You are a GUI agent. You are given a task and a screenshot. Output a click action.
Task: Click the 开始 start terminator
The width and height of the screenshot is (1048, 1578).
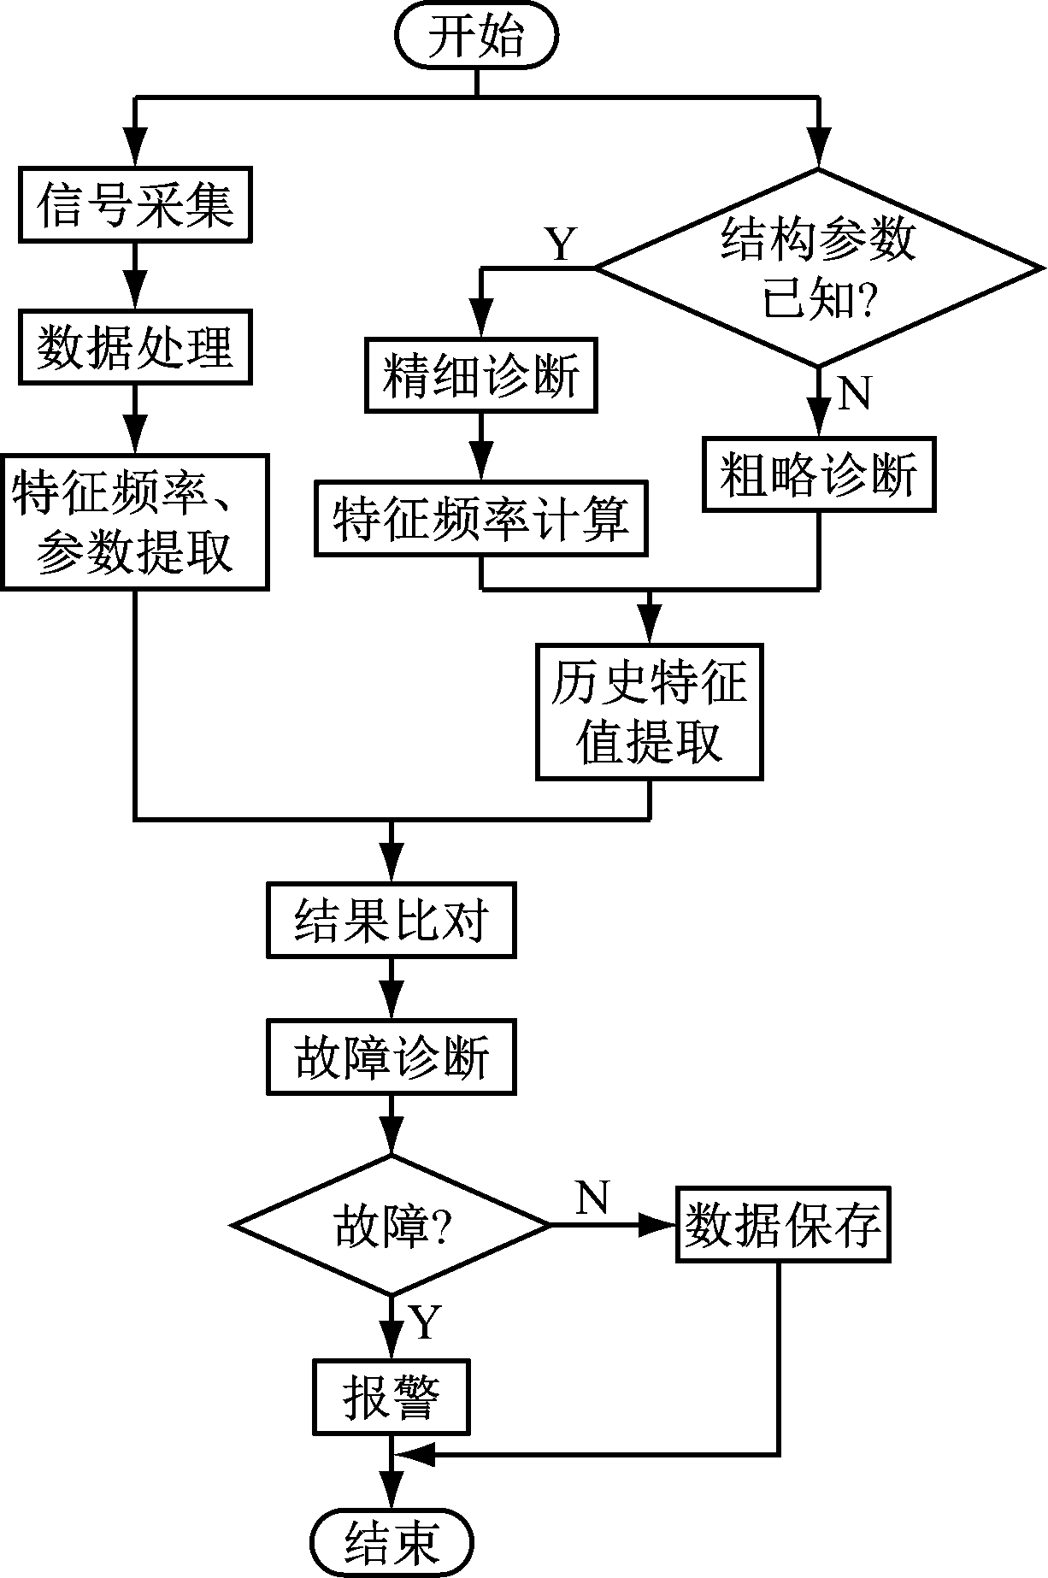(475, 38)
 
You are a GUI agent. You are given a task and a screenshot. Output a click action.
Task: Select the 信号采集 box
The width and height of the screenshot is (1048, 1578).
(136, 206)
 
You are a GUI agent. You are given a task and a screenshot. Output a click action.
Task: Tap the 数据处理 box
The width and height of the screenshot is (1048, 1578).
(136, 347)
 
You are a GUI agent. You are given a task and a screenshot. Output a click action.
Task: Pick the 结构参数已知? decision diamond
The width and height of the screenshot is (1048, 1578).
(818, 268)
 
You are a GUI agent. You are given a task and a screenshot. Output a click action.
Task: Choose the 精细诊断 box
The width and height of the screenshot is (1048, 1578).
(481, 376)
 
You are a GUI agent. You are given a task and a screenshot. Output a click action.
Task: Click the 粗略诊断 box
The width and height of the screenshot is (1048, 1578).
(818, 474)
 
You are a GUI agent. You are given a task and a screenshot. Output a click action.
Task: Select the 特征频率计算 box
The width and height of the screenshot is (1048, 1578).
(481, 519)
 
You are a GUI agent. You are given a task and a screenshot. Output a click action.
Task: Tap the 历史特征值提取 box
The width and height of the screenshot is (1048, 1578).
(649, 712)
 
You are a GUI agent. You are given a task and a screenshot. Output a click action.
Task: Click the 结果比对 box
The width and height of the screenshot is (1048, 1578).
(391, 920)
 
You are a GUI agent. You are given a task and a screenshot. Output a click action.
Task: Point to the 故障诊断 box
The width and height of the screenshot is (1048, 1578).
(391, 1057)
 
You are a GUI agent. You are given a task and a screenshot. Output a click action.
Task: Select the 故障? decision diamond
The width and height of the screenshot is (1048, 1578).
(391, 1225)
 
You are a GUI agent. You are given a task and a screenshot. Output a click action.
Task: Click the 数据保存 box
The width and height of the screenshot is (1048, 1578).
(783, 1225)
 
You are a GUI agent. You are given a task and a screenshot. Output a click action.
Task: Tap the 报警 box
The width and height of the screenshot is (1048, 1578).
(391, 1397)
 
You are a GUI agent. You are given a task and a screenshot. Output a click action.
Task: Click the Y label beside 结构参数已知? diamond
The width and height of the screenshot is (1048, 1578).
(561, 244)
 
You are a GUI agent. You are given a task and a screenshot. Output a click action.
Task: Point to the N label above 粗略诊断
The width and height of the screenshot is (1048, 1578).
(854, 392)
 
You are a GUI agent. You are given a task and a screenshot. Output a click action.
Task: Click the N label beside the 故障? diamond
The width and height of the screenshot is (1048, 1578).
(592, 1198)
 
